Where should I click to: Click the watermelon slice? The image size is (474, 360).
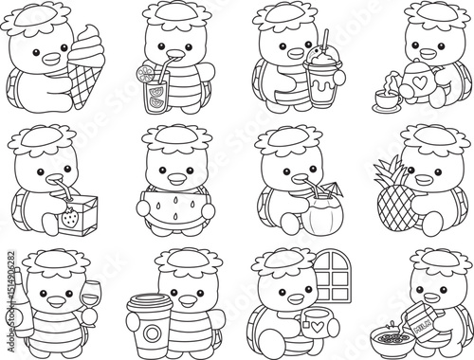point(172,207)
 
